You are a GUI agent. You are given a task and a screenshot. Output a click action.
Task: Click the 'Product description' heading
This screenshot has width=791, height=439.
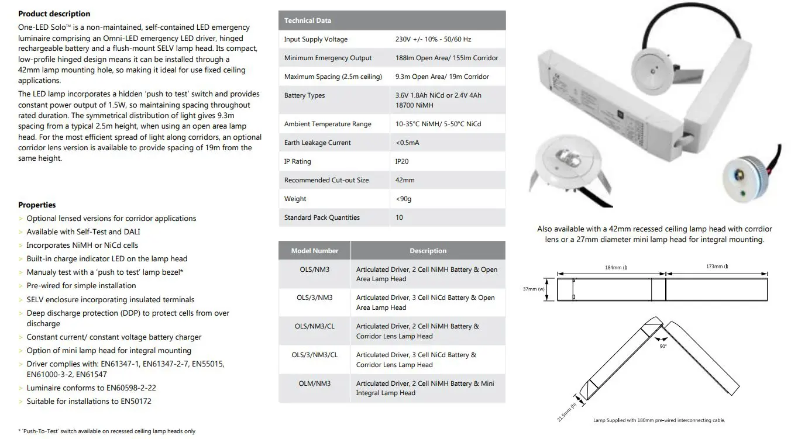tap(54, 13)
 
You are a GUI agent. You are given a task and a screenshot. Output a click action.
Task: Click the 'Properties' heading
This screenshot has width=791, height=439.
tap(37, 205)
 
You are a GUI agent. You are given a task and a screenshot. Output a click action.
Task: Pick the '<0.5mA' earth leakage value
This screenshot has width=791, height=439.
tap(407, 143)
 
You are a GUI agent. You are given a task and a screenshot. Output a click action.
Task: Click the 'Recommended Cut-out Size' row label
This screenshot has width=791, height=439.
tap(326, 180)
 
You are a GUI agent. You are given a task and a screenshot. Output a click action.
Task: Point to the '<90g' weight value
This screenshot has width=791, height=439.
tap(404, 199)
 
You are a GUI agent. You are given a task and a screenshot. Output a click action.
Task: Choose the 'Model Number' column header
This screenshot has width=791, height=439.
tap(315, 251)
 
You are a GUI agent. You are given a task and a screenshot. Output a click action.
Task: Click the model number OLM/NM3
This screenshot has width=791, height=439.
tap(315, 383)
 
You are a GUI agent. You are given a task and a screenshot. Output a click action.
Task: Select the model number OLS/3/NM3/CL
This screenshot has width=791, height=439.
tap(315, 355)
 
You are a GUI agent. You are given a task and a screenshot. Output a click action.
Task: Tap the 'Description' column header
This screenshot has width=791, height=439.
tap(428, 251)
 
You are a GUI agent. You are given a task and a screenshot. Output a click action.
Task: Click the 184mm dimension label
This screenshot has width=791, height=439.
tap(615, 267)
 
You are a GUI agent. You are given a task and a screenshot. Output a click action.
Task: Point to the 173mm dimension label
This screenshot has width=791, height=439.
tap(717, 267)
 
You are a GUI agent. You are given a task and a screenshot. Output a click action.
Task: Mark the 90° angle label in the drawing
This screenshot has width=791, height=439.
tap(663, 346)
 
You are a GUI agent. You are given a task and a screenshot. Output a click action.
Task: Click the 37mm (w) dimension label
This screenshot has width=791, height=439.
tap(534, 289)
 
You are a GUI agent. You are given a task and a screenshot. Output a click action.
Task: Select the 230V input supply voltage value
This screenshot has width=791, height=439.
tap(433, 39)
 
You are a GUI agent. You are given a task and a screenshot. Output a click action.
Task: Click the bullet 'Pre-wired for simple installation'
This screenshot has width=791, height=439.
tap(81, 285)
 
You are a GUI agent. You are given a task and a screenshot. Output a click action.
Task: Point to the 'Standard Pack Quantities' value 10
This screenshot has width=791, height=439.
tap(399, 217)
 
